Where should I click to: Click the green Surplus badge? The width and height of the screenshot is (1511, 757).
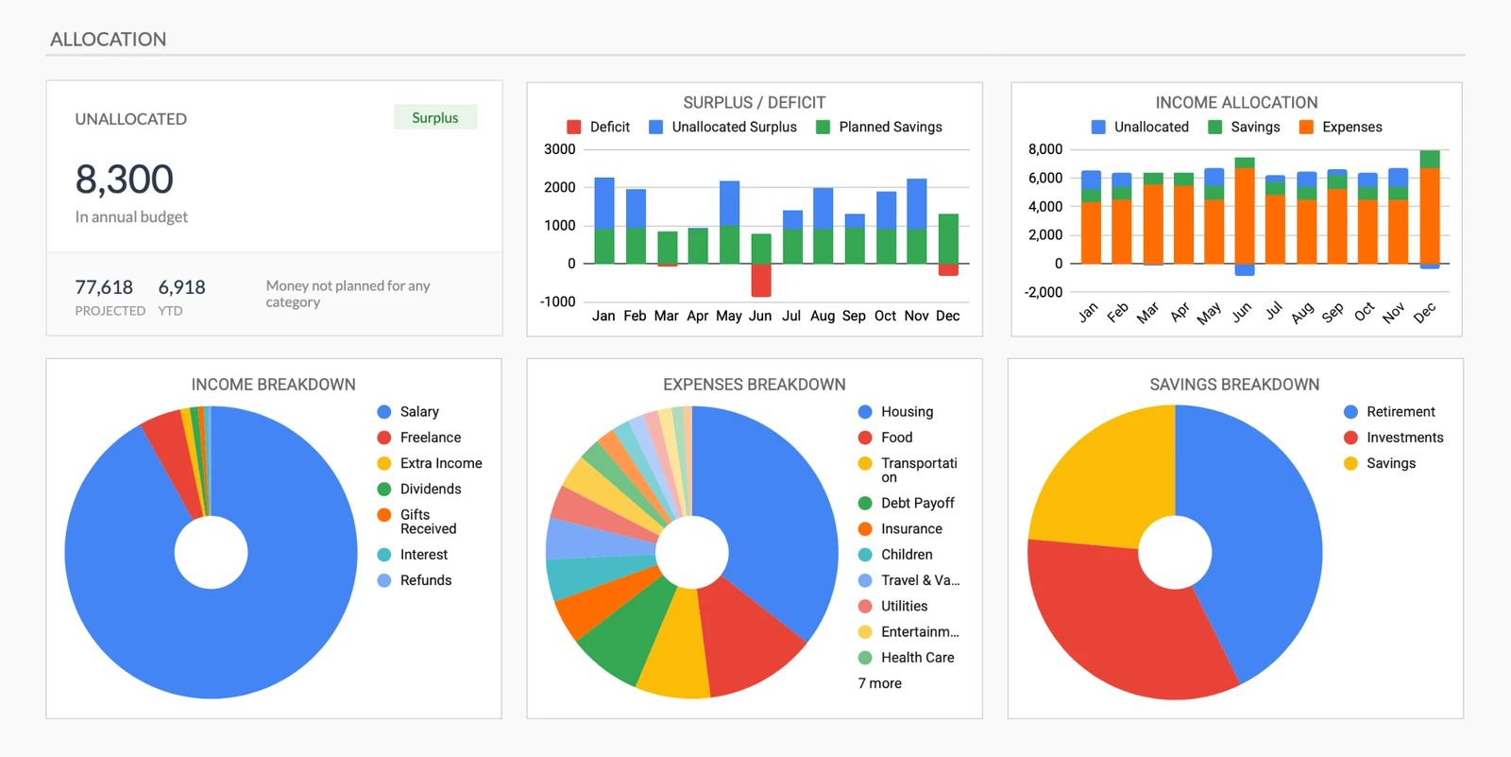coord(435,117)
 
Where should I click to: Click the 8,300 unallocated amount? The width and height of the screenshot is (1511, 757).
coord(124,180)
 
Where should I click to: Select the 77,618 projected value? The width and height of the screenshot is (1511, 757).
coord(104,287)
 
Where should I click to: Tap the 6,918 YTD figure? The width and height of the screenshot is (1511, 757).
coord(181,287)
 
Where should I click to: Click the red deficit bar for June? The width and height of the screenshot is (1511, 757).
coord(761,280)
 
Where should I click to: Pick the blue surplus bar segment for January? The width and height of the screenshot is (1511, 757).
coord(604,202)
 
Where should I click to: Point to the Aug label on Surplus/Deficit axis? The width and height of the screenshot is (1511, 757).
coord(823,316)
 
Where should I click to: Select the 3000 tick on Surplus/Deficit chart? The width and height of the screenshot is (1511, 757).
coord(559,149)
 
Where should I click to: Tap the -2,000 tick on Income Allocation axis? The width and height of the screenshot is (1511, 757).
coord(1044,292)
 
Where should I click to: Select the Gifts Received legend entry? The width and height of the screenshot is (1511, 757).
coord(427,522)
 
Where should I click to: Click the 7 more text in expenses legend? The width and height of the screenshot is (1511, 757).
coord(879,683)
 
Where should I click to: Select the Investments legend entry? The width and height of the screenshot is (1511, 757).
coord(1403,438)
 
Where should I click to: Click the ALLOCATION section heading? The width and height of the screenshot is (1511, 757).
coord(109,40)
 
